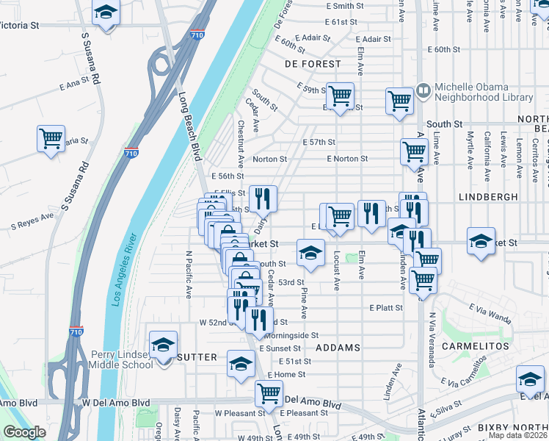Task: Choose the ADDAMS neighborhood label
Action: tap(338, 347)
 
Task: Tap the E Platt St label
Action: tap(387, 307)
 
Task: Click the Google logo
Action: tap(23, 432)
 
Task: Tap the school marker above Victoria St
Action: tap(106, 13)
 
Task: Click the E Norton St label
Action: tap(347, 159)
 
